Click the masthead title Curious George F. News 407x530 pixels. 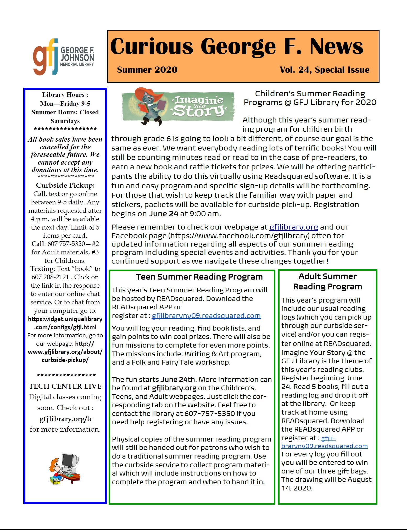click(x=237, y=47)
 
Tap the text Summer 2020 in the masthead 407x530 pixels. click(x=147, y=70)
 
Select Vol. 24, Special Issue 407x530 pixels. click(x=324, y=70)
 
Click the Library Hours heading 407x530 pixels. click(x=65, y=95)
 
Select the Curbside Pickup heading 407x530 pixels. click(x=65, y=185)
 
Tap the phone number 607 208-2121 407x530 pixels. click(x=50, y=277)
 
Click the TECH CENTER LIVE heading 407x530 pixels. click(x=65, y=386)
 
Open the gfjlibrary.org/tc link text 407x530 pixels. click(x=66, y=419)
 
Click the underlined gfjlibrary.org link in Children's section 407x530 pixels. click(x=293, y=227)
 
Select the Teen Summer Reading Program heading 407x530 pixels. click(x=199, y=277)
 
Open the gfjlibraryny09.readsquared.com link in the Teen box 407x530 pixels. click(x=206, y=316)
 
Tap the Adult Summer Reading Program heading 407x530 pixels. click(x=327, y=281)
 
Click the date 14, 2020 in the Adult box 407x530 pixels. click(x=297, y=488)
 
